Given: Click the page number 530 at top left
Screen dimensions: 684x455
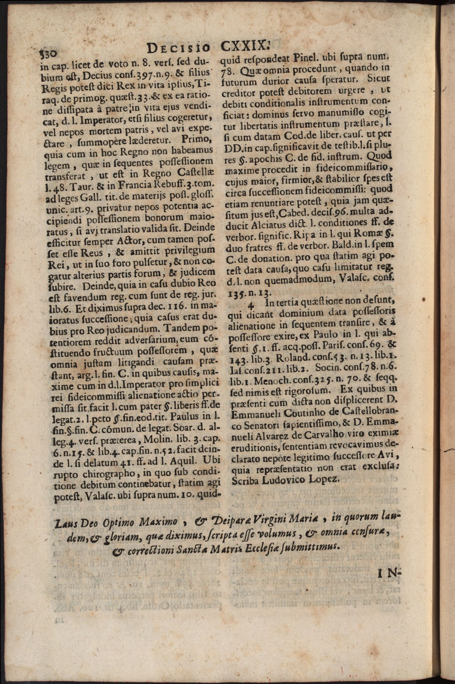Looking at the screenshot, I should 48,51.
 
